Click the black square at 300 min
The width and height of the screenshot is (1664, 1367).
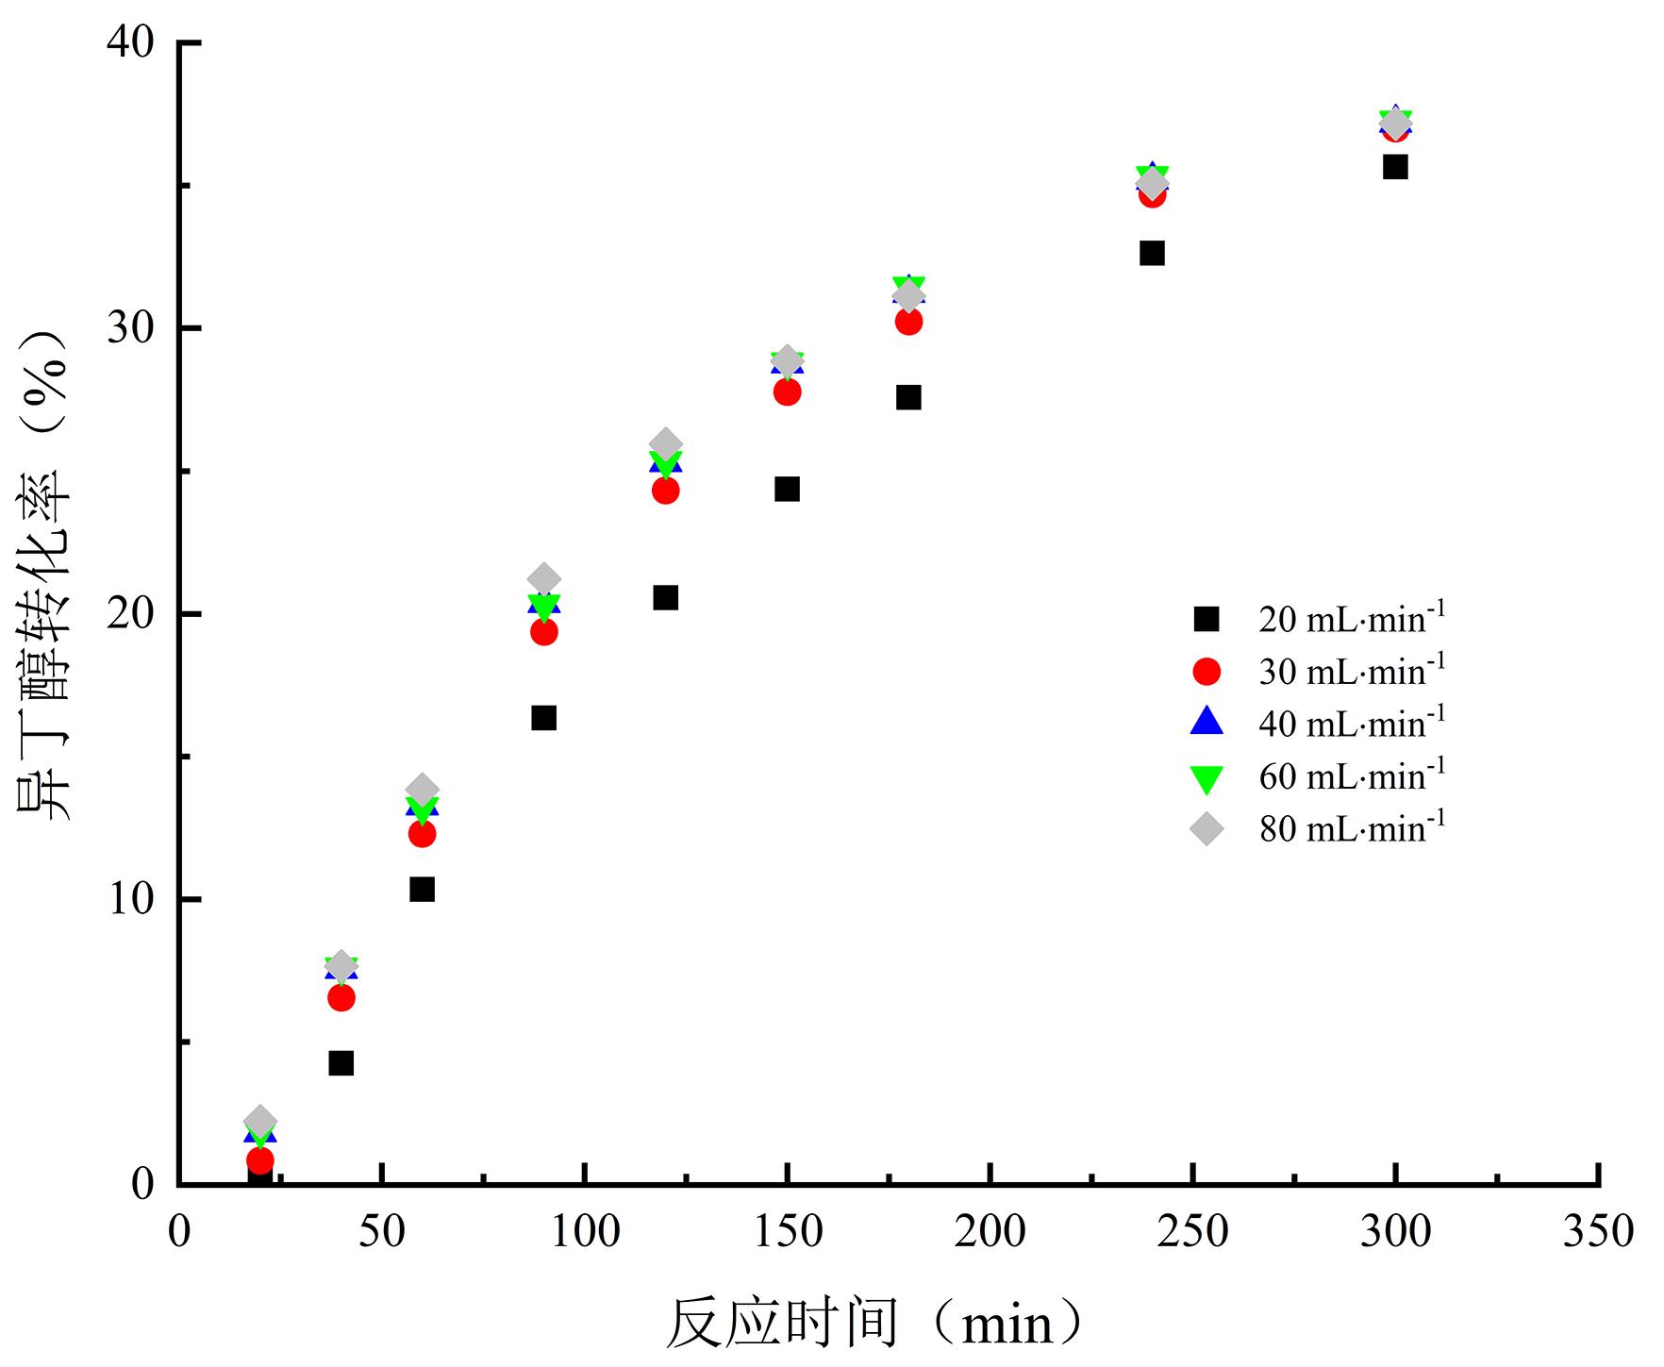[1395, 167]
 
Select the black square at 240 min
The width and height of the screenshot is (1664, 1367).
[1152, 253]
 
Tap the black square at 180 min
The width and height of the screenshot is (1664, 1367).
[908, 397]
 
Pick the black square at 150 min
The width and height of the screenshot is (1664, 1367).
[787, 489]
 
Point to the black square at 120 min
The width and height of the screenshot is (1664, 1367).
[665, 597]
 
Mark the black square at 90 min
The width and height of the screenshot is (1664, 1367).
[543, 718]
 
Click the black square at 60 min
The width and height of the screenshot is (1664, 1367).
[422, 889]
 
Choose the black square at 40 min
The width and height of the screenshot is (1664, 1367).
[341, 1063]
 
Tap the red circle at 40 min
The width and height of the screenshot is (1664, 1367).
[341, 997]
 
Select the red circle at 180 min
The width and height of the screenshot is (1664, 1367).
[908, 322]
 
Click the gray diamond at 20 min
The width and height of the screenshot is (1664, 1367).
[259, 1122]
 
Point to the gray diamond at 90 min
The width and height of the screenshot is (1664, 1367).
[543, 579]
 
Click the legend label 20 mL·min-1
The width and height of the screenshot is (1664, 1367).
[1351, 619]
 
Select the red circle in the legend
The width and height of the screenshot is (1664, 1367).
[1206, 672]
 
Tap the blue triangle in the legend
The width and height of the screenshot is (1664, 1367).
[1206, 723]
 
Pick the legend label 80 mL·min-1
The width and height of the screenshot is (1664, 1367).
[1351, 828]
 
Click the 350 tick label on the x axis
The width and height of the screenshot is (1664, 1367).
[1598, 1232]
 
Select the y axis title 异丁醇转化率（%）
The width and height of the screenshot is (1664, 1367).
[45, 575]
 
